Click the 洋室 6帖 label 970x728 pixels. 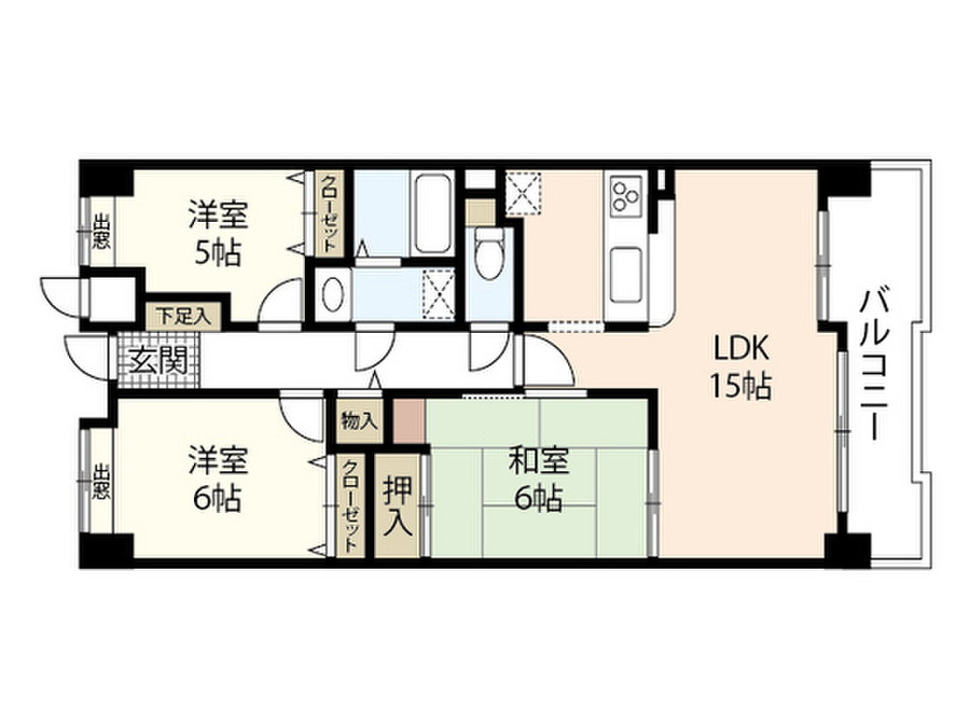[218, 479]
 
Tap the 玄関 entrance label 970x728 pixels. [152, 361]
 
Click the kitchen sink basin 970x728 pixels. [626, 271]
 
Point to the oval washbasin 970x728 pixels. [332, 295]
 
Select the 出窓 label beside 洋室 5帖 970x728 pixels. [100, 233]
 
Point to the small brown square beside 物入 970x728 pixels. [409, 419]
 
